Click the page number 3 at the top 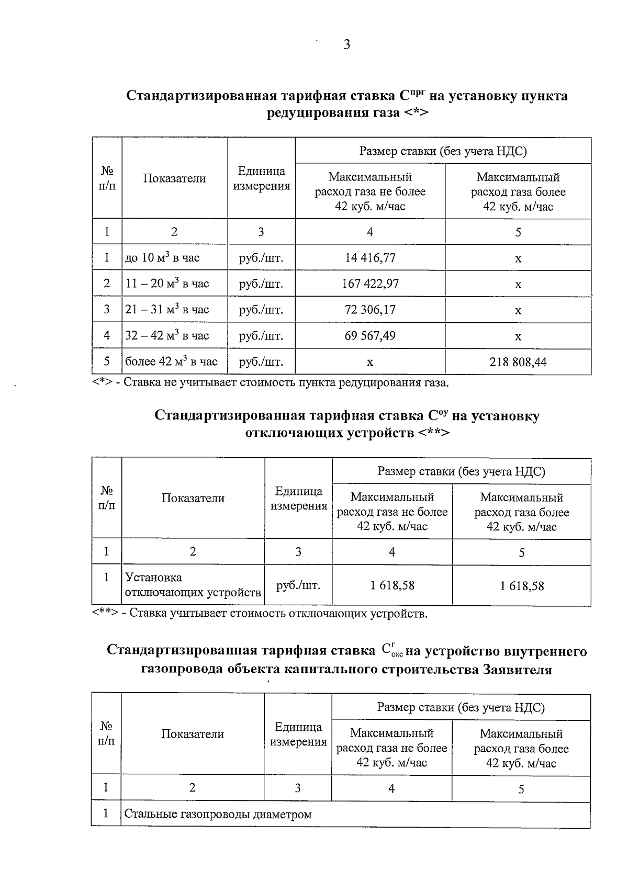(346, 45)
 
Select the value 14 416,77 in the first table (370, 257)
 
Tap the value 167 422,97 (370, 284)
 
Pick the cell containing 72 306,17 (370, 309)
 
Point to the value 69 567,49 (370, 335)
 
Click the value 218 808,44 (518, 362)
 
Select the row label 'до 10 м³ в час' (162, 257)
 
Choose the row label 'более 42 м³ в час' (171, 361)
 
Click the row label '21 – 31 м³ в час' (167, 309)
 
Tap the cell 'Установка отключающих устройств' (193, 585)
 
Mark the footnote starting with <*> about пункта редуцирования (271, 382)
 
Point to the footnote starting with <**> (260, 613)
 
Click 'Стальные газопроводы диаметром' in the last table (218, 815)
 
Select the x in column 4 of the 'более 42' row (370, 362)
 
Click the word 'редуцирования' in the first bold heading (333, 112)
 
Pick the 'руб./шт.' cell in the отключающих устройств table (298, 585)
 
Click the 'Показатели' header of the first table (174, 178)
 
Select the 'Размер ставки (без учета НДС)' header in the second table (461, 471)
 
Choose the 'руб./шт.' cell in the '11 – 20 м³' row (261, 284)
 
